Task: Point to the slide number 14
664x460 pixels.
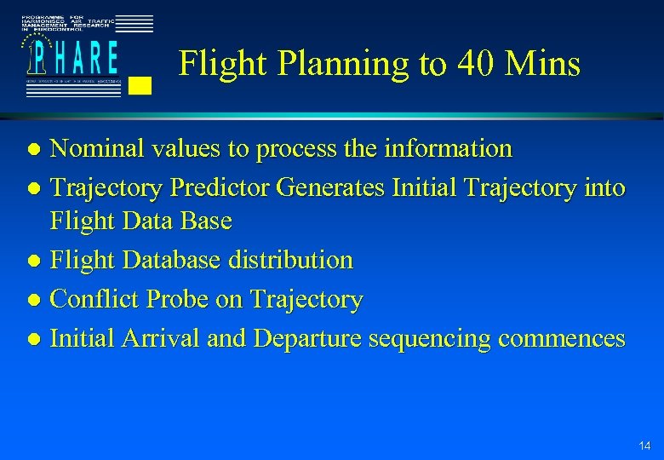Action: point(644,446)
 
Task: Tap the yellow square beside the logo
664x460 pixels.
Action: point(142,84)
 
